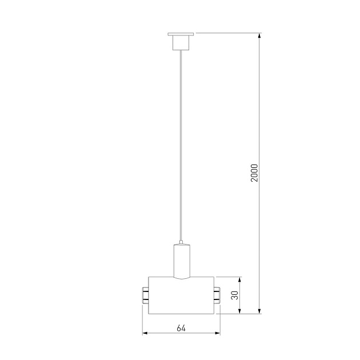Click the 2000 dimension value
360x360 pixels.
point(255,173)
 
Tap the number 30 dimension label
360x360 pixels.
point(234,295)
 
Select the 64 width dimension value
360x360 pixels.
point(181,328)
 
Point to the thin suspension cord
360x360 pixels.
point(181,143)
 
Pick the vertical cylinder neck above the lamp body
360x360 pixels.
point(181,260)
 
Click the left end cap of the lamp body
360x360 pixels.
point(145,295)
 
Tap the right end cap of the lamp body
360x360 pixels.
point(217,295)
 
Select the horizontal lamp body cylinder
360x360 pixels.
point(181,295)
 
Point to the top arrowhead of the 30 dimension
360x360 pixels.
point(240,281)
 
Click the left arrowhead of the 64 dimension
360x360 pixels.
point(145,333)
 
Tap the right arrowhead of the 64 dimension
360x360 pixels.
point(217,333)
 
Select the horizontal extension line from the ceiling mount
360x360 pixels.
point(229,34)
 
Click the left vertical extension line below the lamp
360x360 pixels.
point(142,320)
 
